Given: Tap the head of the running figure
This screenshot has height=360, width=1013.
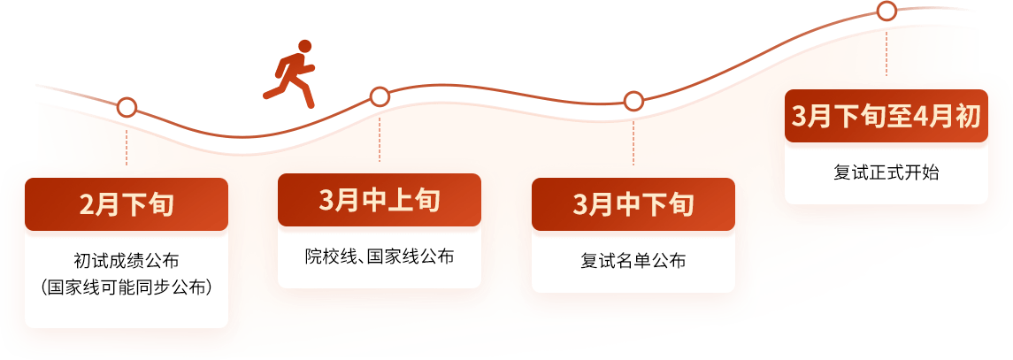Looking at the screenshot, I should tap(304, 45).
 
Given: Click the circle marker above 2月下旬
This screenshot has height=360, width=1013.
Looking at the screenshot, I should tap(127, 108).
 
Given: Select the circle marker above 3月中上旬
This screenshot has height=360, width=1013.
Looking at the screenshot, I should tap(380, 96).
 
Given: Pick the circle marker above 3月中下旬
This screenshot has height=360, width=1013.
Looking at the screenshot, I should tap(633, 101).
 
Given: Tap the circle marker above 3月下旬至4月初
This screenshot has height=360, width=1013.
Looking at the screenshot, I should tap(886, 11).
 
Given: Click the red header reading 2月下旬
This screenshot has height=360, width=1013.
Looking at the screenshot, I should tap(127, 205).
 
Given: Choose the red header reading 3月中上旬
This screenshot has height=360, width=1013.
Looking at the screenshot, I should tap(380, 200).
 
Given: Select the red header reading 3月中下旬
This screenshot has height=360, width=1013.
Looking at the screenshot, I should tap(633, 205).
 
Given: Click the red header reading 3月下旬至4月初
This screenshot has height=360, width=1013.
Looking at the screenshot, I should tap(886, 116).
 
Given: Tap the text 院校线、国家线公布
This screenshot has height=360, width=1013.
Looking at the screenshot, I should tap(380, 257).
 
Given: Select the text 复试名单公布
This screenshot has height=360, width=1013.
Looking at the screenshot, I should tap(633, 261).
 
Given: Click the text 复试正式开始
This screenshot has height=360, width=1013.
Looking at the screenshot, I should tap(886, 172).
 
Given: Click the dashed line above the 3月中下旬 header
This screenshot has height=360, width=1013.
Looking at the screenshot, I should tap(633, 140).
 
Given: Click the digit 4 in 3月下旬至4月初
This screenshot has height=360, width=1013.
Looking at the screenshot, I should tap(917, 116).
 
